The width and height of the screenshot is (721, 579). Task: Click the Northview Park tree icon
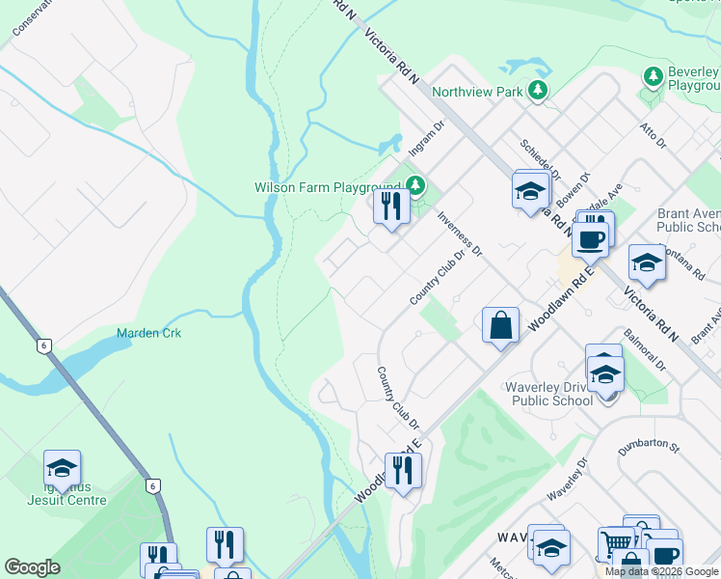[538, 91]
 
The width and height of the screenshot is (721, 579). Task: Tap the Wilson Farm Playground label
[327, 187]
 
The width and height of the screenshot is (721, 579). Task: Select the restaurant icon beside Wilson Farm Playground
[390, 207]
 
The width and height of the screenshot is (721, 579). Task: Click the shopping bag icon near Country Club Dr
[501, 325]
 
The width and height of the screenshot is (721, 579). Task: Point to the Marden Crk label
[148, 333]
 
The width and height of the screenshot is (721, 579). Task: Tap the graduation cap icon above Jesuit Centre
[63, 469]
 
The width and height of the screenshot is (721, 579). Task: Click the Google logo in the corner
[32, 567]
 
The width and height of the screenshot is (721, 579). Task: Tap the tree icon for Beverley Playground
[653, 75]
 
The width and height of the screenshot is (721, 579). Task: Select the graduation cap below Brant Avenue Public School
[647, 263]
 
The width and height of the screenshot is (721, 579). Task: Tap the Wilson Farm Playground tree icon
[415, 183]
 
